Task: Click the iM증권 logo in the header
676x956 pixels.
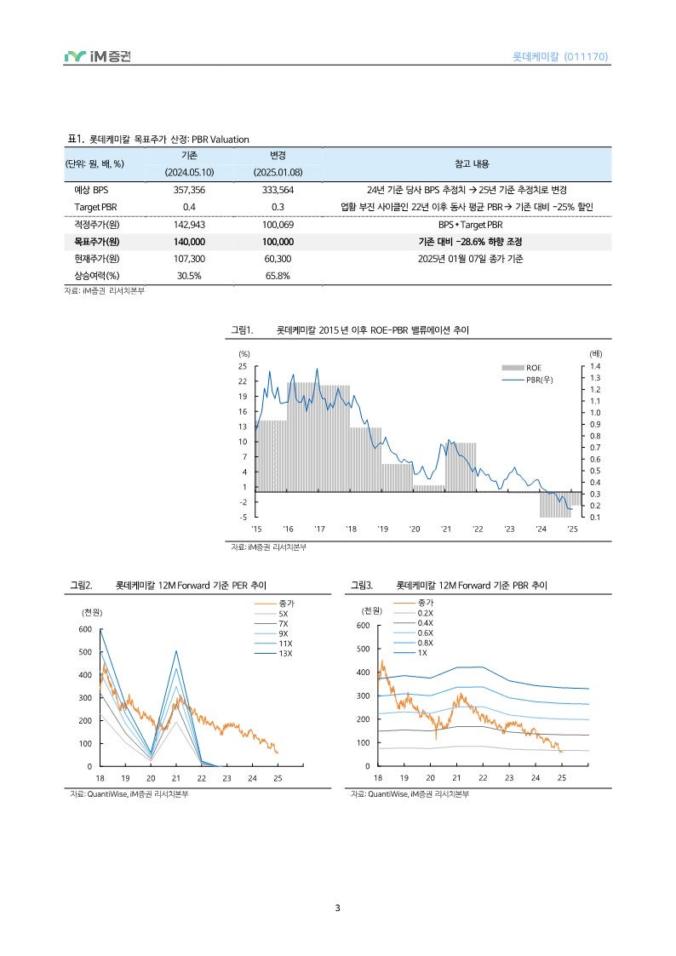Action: pyautogui.click(x=97, y=57)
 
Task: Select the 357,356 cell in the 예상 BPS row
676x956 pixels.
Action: pyautogui.click(x=189, y=190)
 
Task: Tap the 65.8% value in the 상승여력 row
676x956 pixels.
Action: pyautogui.click(x=278, y=275)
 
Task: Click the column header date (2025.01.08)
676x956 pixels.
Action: pyautogui.click(x=278, y=172)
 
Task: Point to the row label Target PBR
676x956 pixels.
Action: pyautogui.click(x=96, y=207)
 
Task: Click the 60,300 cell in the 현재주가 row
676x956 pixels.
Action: pyautogui.click(x=278, y=258)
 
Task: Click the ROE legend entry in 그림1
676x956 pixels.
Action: pyautogui.click(x=533, y=368)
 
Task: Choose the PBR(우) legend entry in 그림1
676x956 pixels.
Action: pyautogui.click(x=539, y=379)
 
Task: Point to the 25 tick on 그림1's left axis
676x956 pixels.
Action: pyautogui.click(x=243, y=366)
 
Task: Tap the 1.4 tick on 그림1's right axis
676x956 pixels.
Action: pyautogui.click(x=594, y=366)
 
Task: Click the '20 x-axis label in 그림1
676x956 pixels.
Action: pyautogui.click(x=414, y=529)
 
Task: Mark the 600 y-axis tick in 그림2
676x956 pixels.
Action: pyautogui.click(x=84, y=629)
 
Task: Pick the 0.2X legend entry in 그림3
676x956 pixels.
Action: pyautogui.click(x=426, y=613)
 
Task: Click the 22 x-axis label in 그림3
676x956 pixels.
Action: pyautogui.click(x=483, y=778)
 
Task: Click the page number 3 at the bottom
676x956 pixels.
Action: pyautogui.click(x=338, y=908)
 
